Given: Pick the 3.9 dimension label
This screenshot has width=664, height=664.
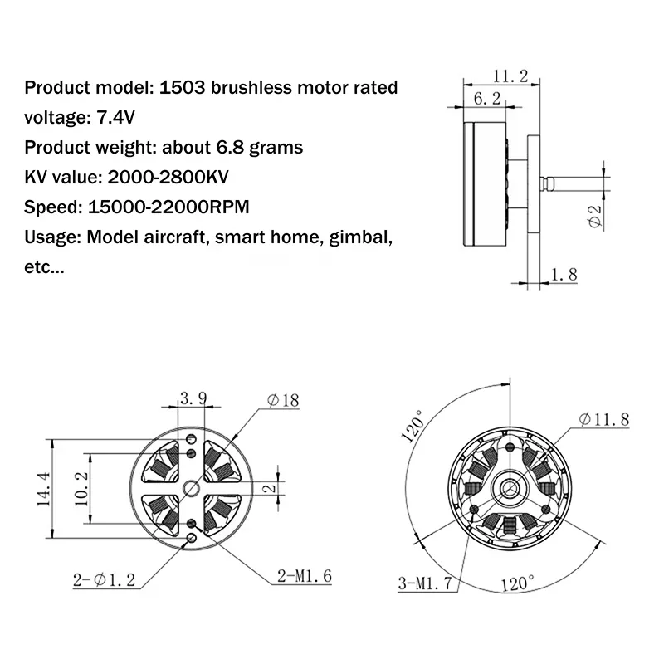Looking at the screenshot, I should coord(193,399).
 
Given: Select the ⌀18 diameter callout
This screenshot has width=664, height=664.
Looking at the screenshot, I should coord(283,401).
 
